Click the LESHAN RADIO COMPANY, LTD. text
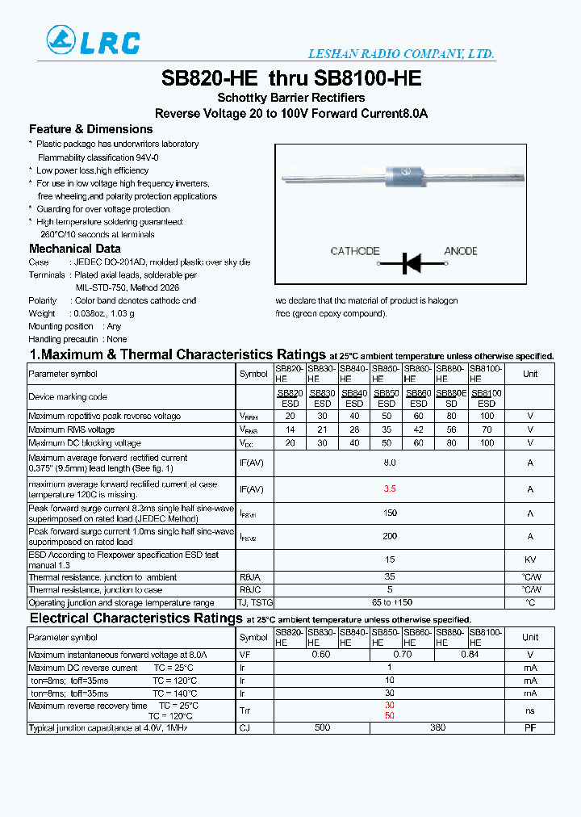pyautogui.click(x=401, y=54)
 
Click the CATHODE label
pyautogui.click(x=355, y=251)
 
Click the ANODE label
pyautogui.click(x=461, y=251)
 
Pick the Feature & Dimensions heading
pyautogui.click(x=90, y=129)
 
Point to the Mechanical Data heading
pyautogui.click(x=75, y=249)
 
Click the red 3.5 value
pyautogui.click(x=390, y=489)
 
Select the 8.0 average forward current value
pyautogui.click(x=390, y=463)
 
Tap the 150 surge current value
pyautogui.click(x=390, y=513)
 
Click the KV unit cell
pyautogui.click(x=530, y=559)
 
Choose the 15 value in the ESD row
pyautogui.click(x=390, y=559)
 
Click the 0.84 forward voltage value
pyautogui.click(x=469, y=655)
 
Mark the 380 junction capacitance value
pyautogui.click(x=437, y=727)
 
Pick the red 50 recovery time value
pyautogui.click(x=390, y=716)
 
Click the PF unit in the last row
pyautogui.click(x=530, y=727)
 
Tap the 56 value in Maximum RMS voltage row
pyautogui.click(x=451, y=429)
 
